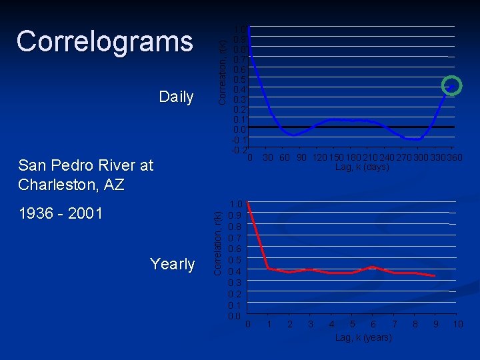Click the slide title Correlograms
tap(105, 41)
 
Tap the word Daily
tap(176, 97)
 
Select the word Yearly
tap(172, 264)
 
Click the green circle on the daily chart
tap(452, 86)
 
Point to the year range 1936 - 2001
tap(61, 213)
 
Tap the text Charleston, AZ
tap(71, 185)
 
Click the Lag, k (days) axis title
tap(362, 167)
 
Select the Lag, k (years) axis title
tap(364, 338)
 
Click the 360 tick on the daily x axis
tap(454, 158)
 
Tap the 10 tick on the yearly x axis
tap(457, 325)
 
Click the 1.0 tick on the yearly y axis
tap(235, 205)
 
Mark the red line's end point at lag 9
tap(435, 276)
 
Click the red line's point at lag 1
tap(268, 268)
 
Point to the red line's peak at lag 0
tap(248, 203)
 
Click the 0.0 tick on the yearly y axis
tap(235, 315)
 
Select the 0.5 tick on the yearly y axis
tap(235, 260)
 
